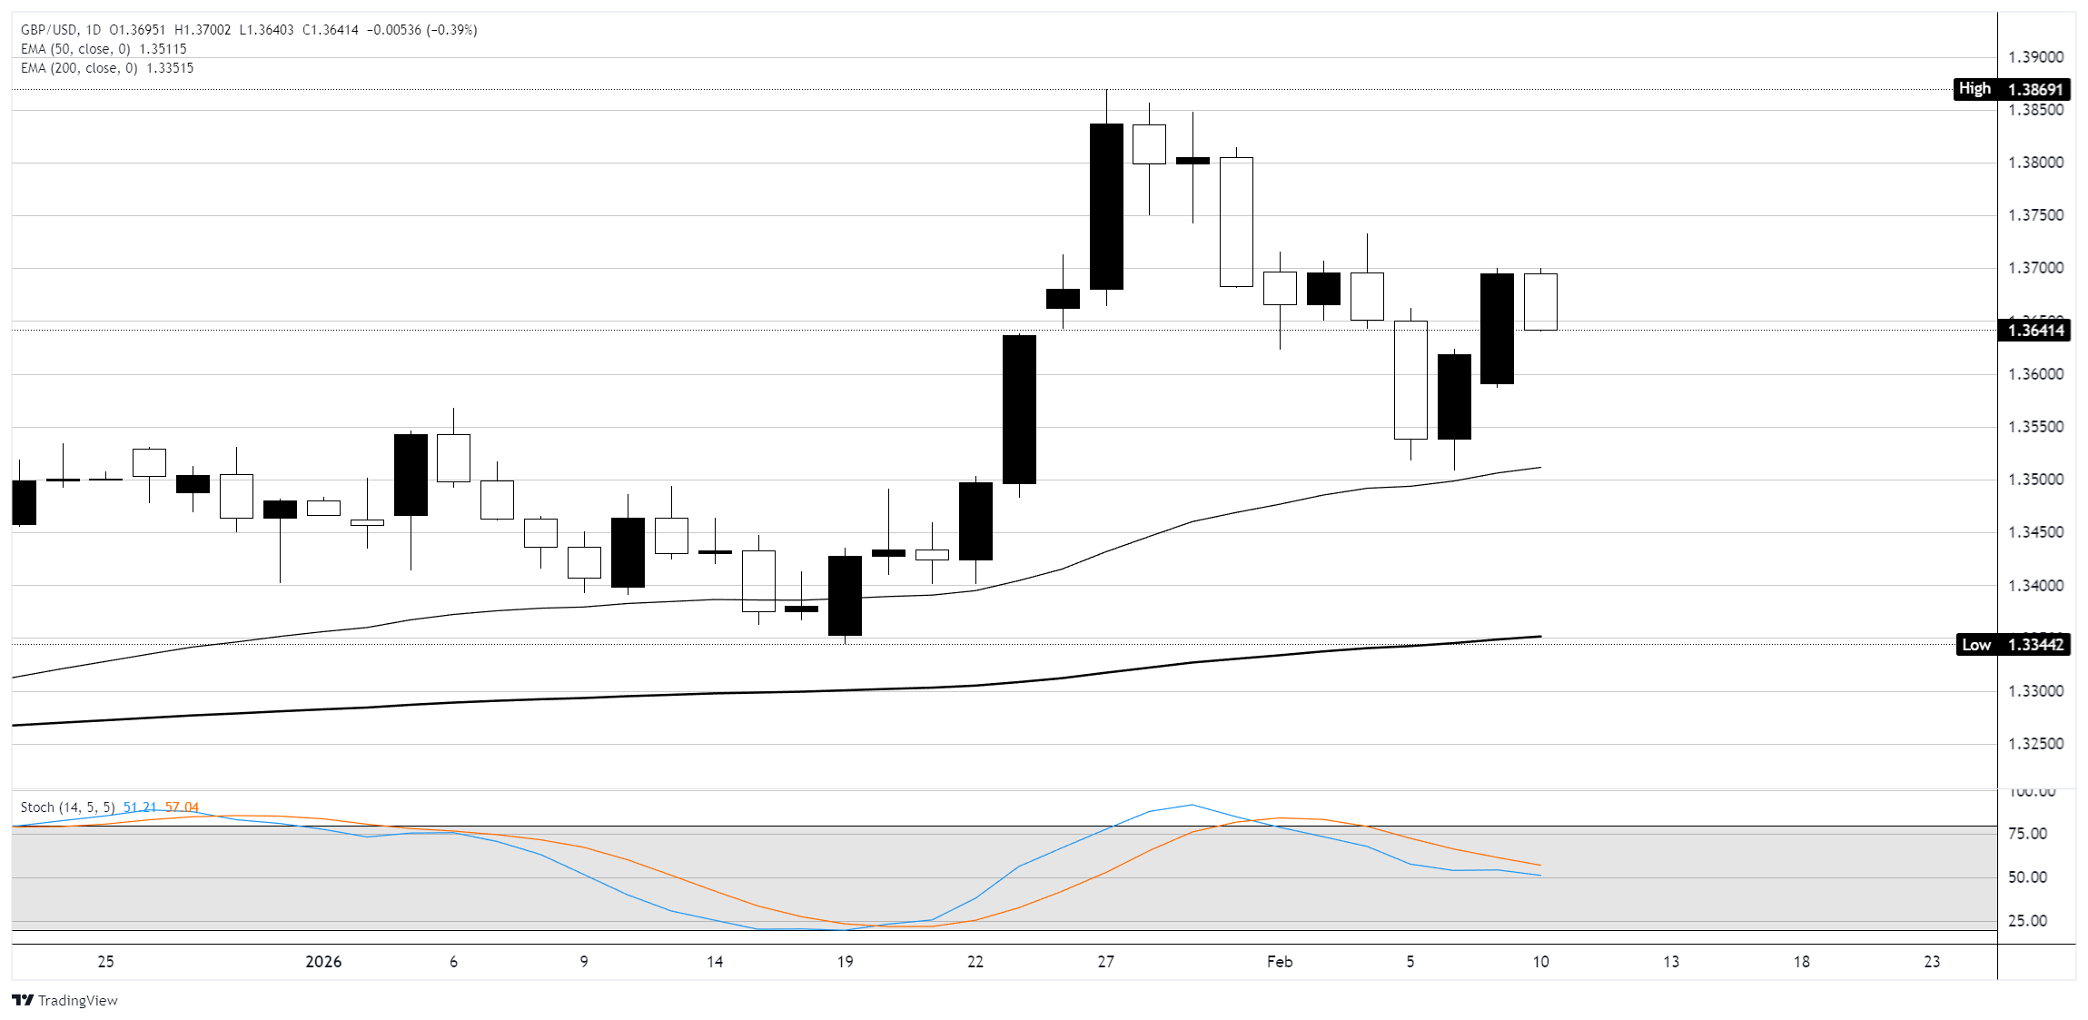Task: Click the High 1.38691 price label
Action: (2011, 89)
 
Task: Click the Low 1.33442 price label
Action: (2011, 645)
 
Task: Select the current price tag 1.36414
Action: (2035, 330)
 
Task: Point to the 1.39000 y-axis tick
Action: (2035, 57)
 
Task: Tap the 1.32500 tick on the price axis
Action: (2035, 744)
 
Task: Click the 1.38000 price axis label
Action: (2035, 163)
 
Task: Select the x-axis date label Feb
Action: (1279, 962)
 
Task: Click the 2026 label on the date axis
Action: (323, 962)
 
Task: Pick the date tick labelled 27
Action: (1105, 962)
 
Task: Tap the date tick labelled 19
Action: (845, 962)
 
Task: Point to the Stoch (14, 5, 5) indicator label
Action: (67, 807)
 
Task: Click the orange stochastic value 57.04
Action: (182, 807)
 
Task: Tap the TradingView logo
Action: (64, 1000)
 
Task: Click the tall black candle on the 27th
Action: (1106, 206)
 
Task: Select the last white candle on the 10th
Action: (1540, 302)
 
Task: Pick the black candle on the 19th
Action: (845, 595)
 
